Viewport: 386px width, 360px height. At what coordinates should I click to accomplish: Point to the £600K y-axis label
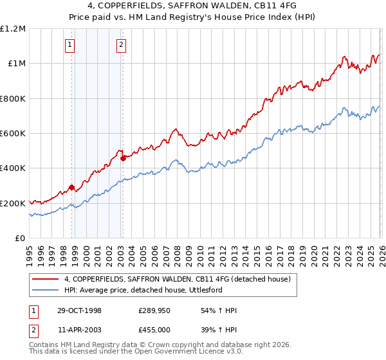(x=13, y=134)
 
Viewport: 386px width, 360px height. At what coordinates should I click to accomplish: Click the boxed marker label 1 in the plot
(x=69, y=45)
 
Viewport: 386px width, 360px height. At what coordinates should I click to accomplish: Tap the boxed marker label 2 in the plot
(x=121, y=45)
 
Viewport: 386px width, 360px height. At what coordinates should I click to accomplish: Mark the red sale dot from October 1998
(x=72, y=188)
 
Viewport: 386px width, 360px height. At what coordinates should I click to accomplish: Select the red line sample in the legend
(x=46, y=279)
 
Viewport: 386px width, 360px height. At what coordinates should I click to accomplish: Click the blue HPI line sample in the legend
(x=46, y=290)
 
